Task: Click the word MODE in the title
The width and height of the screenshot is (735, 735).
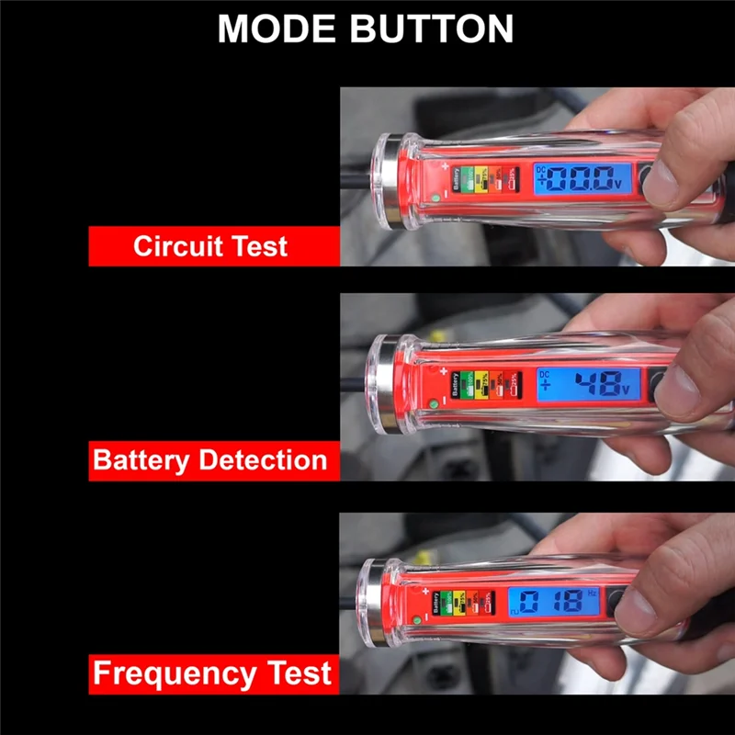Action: point(275,29)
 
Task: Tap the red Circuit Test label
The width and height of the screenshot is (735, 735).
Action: point(213,246)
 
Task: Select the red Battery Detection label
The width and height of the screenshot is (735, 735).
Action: point(213,459)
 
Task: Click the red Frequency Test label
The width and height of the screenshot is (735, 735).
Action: point(213,674)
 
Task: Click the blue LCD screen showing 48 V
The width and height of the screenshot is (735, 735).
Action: point(594,383)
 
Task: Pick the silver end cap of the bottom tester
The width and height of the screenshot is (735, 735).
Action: point(371,605)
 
